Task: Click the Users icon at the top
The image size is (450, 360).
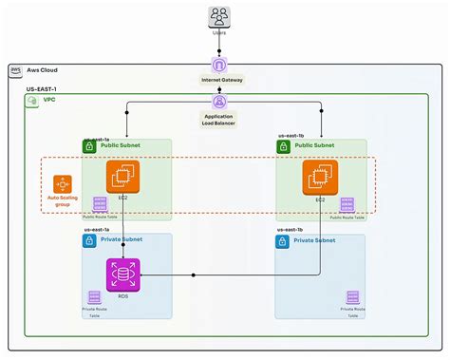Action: (219, 17)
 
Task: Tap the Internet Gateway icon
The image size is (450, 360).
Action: (219, 66)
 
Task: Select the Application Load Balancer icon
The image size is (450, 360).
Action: (219, 102)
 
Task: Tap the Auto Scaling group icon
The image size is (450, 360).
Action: (63, 183)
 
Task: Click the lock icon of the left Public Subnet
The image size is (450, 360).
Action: (89, 147)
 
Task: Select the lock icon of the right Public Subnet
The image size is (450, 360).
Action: (283, 147)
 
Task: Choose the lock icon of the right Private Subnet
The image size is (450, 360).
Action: (283, 241)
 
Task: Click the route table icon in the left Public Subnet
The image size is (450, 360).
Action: (100, 204)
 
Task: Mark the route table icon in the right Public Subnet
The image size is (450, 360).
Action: (347, 204)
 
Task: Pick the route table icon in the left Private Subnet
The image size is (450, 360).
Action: (95, 297)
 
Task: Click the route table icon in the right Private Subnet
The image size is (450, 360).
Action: (353, 297)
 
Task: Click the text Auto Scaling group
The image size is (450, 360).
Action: (63, 202)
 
